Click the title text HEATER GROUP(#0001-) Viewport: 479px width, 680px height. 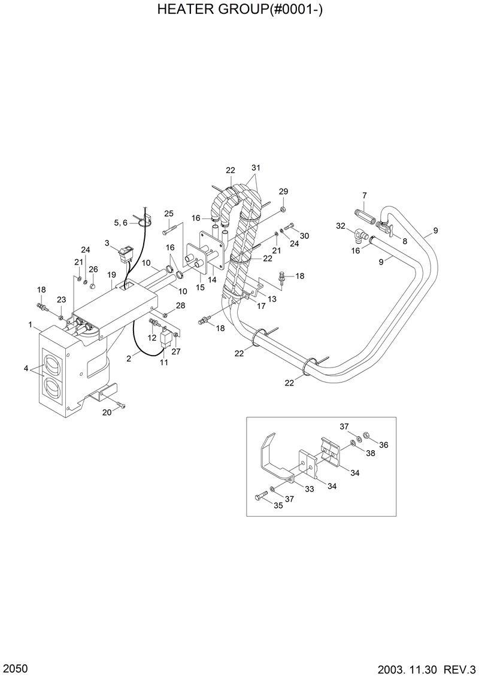[239, 10]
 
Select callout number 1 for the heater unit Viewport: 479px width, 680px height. [30, 324]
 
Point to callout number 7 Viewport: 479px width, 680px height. [364, 196]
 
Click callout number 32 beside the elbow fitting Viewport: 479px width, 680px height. [341, 226]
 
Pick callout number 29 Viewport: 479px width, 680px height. [283, 192]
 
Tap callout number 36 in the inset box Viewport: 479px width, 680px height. [384, 445]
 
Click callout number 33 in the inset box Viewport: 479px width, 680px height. [310, 488]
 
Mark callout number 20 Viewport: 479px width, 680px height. [107, 412]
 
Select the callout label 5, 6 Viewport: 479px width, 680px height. [120, 223]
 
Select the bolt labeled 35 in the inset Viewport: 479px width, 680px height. [262, 496]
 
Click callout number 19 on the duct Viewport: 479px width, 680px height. [111, 275]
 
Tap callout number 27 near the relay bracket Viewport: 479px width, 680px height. [176, 351]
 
